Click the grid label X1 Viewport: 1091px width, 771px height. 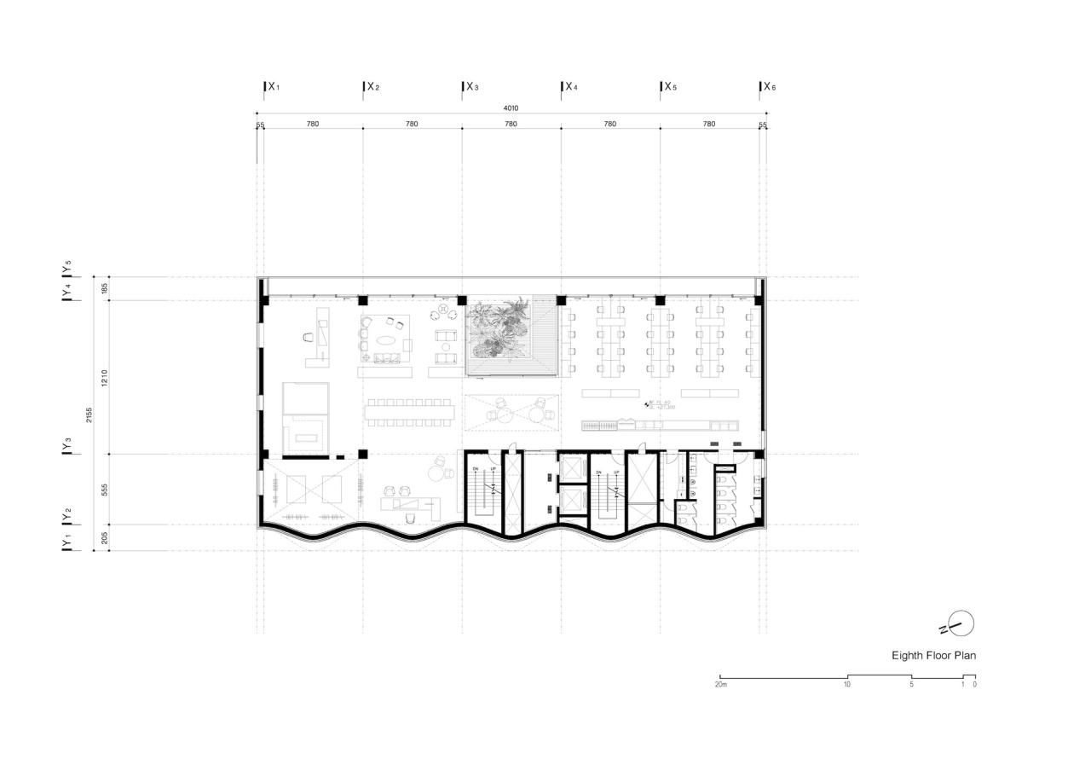(273, 87)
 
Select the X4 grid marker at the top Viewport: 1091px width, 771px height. (570, 87)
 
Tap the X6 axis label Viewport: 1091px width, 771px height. (769, 87)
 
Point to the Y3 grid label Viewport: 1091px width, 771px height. (66, 445)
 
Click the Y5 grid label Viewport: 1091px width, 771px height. (66, 268)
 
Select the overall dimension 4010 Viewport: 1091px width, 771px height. (511, 108)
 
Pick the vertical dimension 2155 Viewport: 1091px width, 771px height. (89, 414)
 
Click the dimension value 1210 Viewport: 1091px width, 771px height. (105, 377)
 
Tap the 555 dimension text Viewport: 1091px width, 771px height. (105, 490)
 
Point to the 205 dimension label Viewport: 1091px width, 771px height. (105, 537)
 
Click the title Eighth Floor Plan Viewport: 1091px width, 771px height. (933, 656)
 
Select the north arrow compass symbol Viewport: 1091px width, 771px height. (960, 623)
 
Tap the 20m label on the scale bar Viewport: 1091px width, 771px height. (721, 685)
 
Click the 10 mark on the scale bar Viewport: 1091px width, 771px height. (847, 685)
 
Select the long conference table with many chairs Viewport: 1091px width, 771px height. (410, 412)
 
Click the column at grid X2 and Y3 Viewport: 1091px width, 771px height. (363, 454)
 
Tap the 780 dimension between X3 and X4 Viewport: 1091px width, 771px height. (511, 125)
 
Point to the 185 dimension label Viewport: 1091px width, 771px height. (105, 288)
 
